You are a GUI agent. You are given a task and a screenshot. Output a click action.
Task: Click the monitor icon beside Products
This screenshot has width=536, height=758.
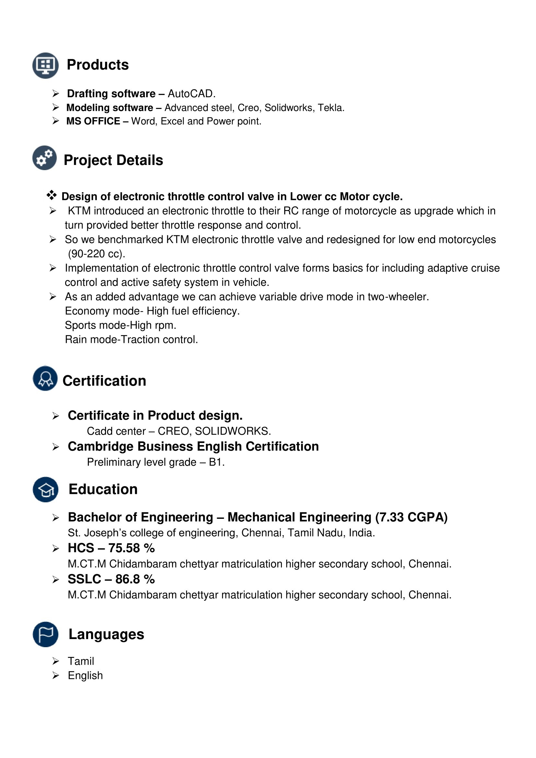point(46,65)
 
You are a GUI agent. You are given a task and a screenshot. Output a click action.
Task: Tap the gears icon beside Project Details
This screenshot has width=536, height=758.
point(44,158)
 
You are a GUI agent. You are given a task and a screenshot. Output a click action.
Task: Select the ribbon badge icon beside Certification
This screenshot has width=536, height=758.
point(45,378)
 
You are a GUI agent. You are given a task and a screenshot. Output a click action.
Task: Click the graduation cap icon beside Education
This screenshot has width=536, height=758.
point(46,489)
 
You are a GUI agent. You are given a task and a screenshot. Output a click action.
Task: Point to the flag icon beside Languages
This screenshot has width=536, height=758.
point(46,634)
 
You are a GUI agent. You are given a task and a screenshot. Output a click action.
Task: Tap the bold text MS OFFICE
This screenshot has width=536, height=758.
point(93,121)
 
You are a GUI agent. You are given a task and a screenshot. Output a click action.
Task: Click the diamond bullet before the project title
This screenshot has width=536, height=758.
point(52,195)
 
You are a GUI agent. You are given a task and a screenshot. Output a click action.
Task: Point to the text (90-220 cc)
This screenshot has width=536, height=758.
point(96,253)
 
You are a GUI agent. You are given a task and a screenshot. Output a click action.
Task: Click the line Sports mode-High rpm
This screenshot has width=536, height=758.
point(121,325)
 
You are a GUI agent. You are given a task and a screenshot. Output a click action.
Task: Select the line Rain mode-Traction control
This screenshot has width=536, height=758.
point(131,339)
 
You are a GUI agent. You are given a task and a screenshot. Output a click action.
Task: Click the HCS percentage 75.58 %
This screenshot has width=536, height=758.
point(131,548)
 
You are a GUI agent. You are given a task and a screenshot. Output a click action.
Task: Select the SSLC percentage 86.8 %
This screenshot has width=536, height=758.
point(135,579)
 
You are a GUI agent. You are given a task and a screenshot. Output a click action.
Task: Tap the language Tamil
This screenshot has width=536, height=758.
point(81,661)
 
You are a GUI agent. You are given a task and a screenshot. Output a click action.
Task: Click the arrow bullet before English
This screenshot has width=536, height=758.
point(55,675)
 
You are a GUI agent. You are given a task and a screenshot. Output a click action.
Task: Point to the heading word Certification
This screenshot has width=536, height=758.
point(104,381)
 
